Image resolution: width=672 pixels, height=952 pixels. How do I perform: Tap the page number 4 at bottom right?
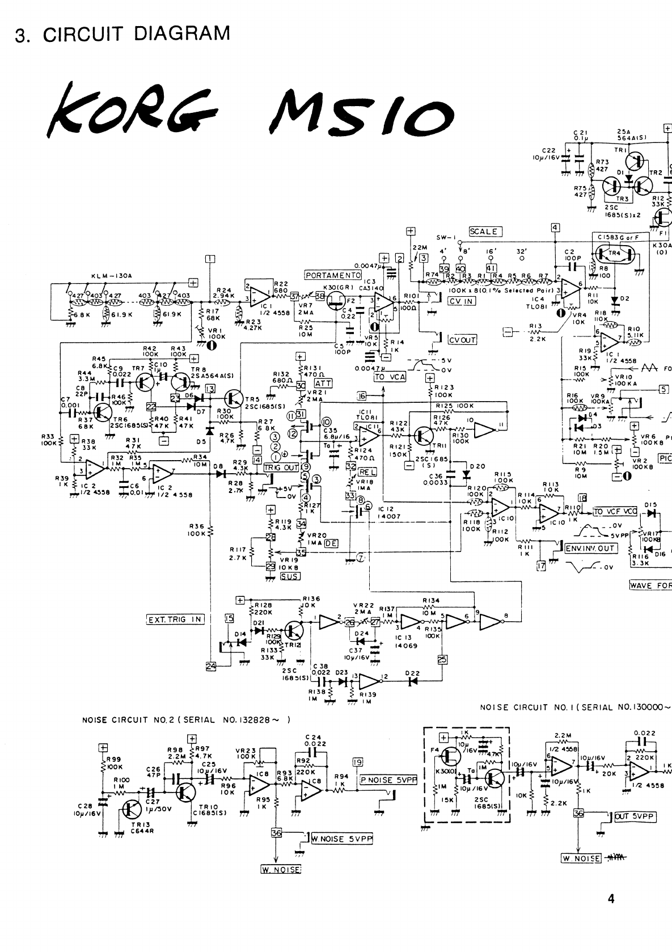(611, 898)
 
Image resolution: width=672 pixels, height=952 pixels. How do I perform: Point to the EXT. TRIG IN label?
(175, 619)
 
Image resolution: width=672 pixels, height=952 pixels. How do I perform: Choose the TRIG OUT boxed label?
(281, 467)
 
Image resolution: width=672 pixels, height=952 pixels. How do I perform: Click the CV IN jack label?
(460, 301)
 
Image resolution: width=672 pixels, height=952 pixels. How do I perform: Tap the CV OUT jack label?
(462, 340)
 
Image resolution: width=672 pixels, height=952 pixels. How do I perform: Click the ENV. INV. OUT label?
(590, 548)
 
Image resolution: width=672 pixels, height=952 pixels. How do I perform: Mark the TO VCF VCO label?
(615, 511)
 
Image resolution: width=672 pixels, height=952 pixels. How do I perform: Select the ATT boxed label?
(323, 384)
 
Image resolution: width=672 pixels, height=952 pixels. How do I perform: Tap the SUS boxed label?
(290, 576)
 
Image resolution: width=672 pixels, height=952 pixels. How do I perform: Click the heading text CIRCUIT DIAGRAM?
(137, 33)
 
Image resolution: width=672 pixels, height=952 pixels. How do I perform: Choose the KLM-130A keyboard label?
(112, 276)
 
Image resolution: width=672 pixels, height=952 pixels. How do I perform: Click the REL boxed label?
(367, 472)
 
